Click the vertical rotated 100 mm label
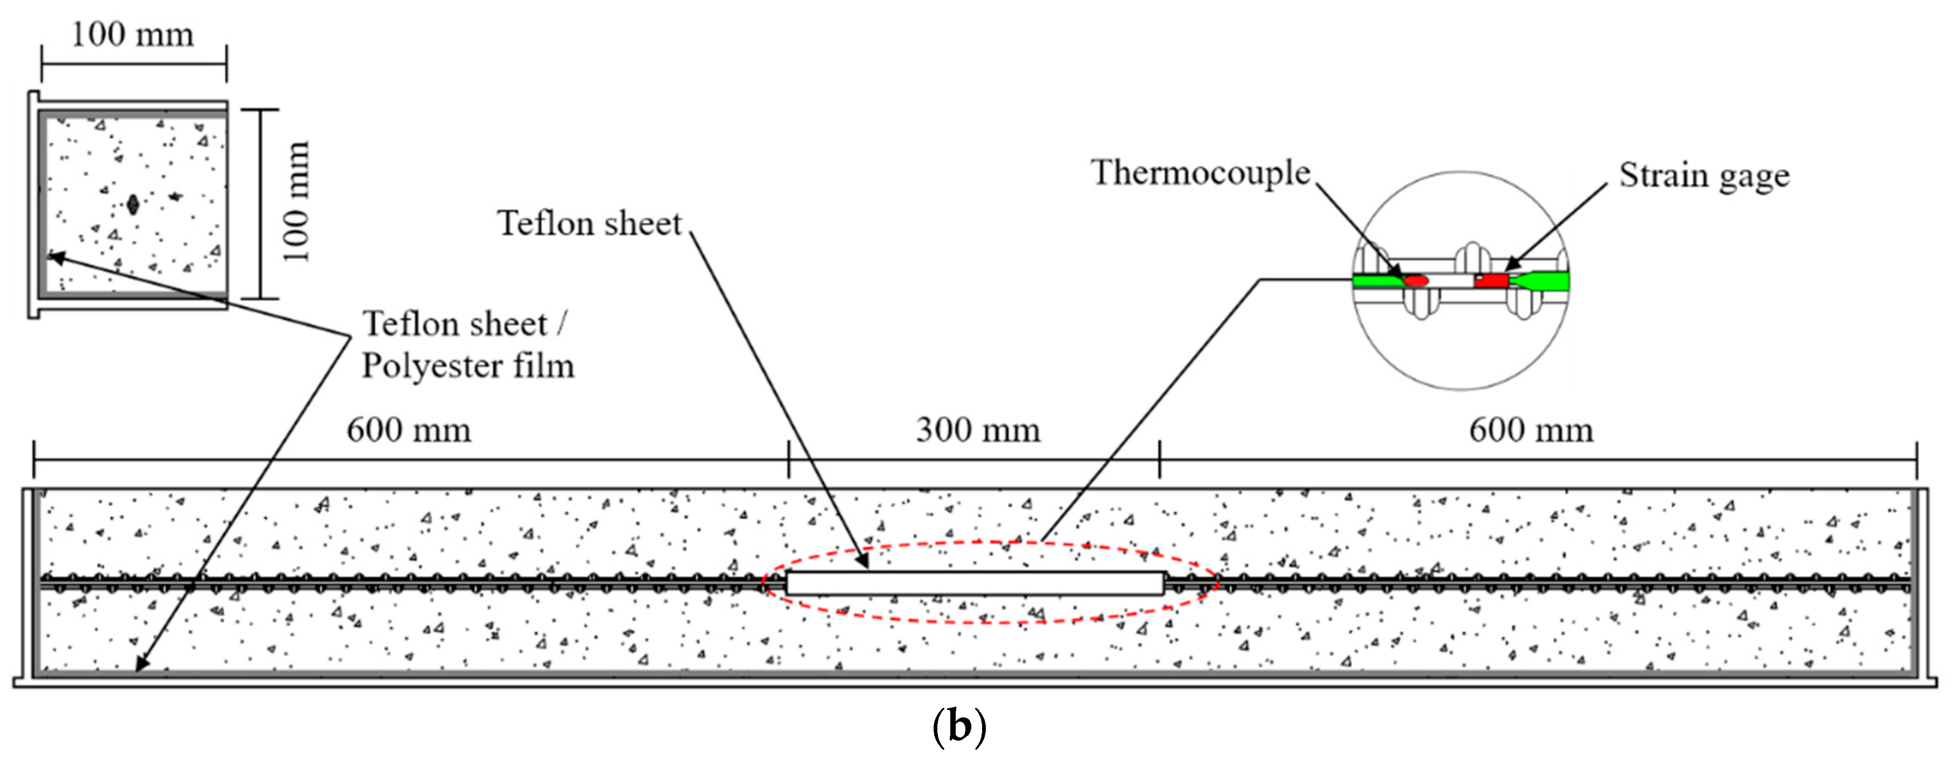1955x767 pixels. (x=297, y=201)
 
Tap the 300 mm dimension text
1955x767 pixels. (x=978, y=431)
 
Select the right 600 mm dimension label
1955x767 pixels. (x=1531, y=431)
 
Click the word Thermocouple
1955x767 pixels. (x=1201, y=173)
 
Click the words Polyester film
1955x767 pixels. (x=467, y=366)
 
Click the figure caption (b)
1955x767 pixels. (x=958, y=727)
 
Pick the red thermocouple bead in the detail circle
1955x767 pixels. (x=1416, y=280)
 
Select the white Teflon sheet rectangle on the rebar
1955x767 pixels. (x=975, y=583)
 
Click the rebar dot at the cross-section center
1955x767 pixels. (x=133, y=204)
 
